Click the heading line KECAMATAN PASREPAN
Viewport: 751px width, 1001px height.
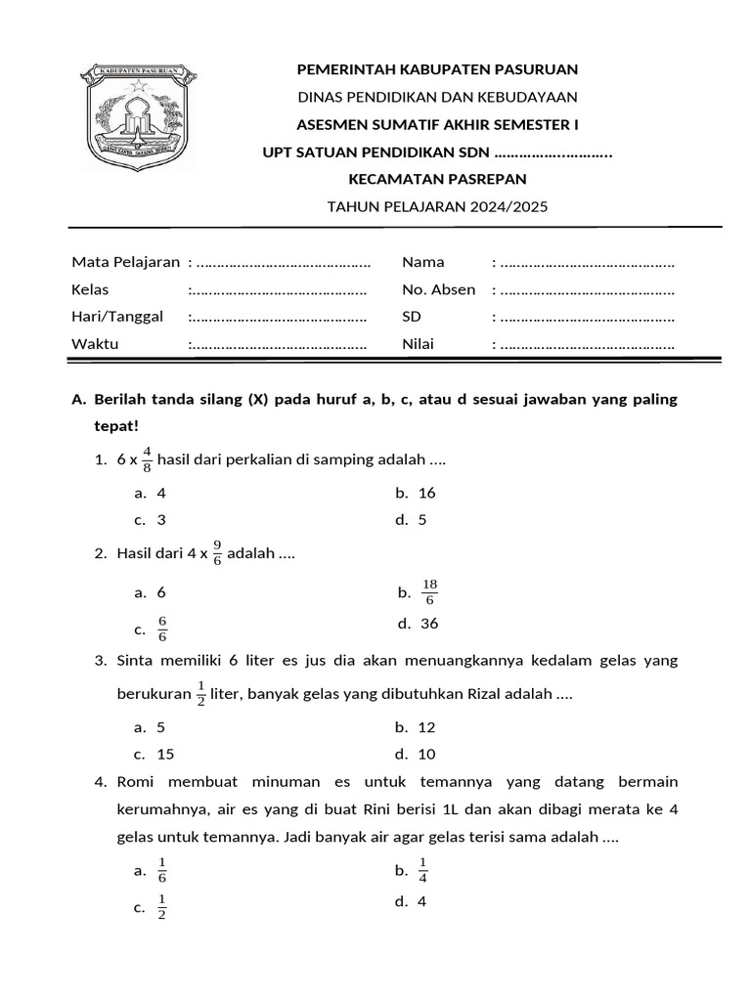pos(438,179)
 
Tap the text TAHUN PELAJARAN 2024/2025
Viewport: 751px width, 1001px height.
pos(438,206)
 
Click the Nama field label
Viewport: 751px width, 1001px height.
pos(422,262)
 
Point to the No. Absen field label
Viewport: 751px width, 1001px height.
pos(438,289)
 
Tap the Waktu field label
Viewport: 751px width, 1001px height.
pos(95,344)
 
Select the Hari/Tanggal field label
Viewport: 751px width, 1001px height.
pos(116,317)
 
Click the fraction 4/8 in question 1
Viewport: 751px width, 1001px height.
pos(147,459)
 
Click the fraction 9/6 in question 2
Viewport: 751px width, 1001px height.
pos(217,554)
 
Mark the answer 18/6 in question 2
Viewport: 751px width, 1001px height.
pos(429,592)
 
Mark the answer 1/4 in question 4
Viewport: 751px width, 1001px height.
pos(423,869)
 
